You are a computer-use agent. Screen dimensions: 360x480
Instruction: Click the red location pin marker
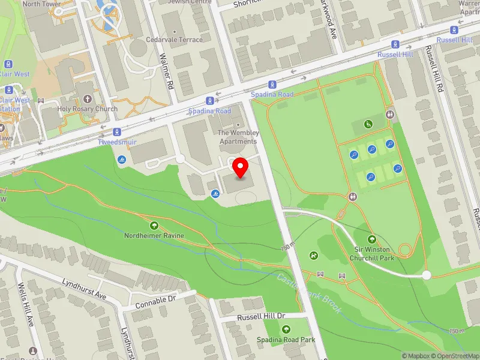coord(241,168)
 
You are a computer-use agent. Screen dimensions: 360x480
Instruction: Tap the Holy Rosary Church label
coord(87,109)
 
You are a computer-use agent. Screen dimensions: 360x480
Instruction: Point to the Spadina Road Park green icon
coord(286,329)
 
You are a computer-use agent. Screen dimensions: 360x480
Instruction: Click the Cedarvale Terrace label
coord(175,40)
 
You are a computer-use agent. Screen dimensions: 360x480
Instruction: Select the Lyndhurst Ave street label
coord(85,289)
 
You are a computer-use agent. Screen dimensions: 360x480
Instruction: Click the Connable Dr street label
coord(155,298)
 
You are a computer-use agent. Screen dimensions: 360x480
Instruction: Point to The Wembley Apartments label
coord(238,137)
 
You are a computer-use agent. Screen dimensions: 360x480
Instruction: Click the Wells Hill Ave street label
coord(26,305)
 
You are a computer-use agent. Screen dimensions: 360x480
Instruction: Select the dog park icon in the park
coord(313,256)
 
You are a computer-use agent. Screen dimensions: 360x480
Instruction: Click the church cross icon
coord(87,99)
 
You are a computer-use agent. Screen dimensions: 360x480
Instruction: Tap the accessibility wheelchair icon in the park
coord(368,124)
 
